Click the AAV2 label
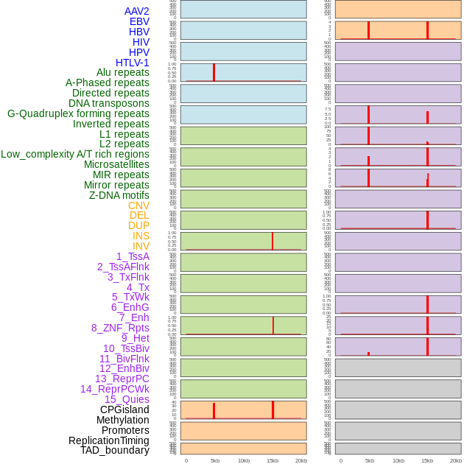point(136,11)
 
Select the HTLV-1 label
point(132,63)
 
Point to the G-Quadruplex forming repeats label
point(78,113)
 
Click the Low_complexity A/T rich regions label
point(74,154)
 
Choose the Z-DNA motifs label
point(119,195)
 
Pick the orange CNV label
point(138,205)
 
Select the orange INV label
point(140,246)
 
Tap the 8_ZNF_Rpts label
point(120,328)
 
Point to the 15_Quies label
point(126,399)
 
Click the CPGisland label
point(124,409)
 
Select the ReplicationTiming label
point(108,440)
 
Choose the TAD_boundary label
point(114,450)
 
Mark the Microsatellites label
point(116,164)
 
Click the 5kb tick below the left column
point(215,460)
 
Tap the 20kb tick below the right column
point(456,460)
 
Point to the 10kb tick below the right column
point(398,460)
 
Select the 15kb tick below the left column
point(273,460)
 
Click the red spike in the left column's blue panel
point(214,72)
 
